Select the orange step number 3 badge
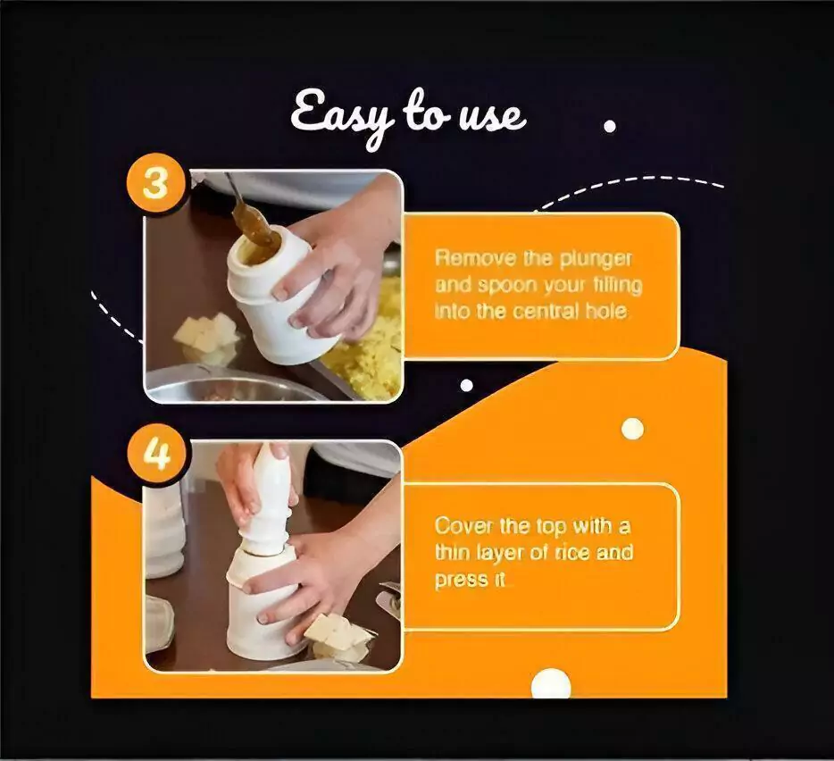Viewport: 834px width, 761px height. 156,184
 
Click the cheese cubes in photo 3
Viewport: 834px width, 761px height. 206,334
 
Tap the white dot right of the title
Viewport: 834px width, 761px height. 610,127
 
